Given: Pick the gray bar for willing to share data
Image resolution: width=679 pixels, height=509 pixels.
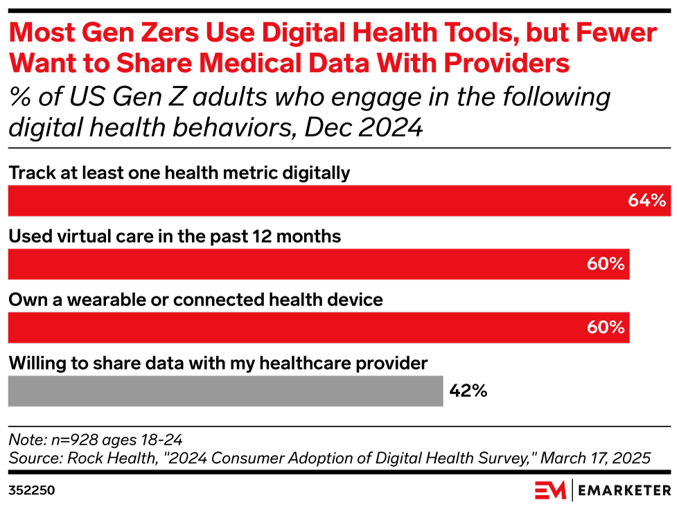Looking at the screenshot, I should (225, 391).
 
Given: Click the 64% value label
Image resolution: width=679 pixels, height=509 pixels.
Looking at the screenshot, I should (646, 201).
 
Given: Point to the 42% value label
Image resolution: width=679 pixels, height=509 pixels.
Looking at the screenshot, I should (468, 391).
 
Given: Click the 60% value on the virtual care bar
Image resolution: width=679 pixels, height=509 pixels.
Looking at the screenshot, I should (606, 264).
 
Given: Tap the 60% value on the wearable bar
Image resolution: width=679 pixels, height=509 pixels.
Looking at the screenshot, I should (606, 328).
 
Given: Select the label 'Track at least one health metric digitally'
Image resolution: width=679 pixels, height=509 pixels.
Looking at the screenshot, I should (179, 173).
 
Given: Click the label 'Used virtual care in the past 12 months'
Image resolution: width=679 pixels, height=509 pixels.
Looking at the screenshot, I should (175, 237).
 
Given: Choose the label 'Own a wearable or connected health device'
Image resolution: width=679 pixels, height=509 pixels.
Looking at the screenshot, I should (195, 300).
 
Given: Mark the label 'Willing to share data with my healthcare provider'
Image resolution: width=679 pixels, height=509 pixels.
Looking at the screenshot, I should (218, 363).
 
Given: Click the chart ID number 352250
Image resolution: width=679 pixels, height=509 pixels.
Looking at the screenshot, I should (31, 491).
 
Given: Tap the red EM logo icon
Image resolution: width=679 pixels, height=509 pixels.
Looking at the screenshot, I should (549, 490).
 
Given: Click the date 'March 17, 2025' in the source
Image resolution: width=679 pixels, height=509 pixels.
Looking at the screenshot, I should (595, 458).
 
